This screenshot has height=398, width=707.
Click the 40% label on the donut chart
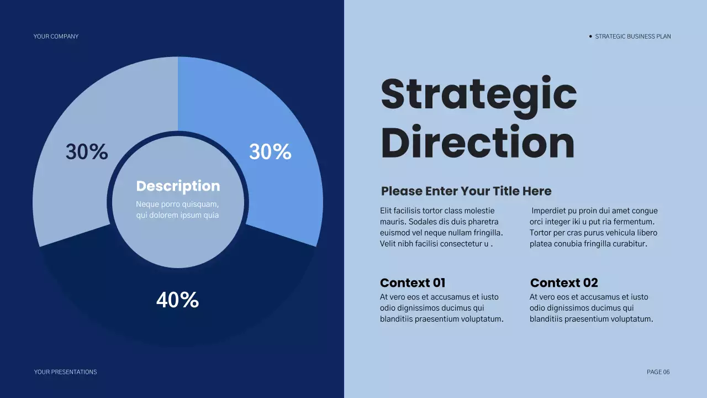[x=177, y=300]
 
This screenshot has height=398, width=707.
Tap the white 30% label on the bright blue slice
[x=270, y=152]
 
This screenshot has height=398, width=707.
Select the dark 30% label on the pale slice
[x=87, y=152]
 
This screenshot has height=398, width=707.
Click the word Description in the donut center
[x=178, y=186]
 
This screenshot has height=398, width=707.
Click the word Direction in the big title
[x=477, y=143]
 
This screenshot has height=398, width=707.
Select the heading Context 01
[x=412, y=283]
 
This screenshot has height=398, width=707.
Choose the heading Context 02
[x=563, y=283]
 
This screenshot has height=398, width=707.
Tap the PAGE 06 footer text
[x=658, y=372]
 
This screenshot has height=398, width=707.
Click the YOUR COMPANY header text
[x=56, y=36]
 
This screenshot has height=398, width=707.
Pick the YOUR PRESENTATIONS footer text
[x=65, y=372]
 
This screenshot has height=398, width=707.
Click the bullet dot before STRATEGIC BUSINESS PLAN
[x=590, y=36]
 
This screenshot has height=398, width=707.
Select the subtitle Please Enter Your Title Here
[x=466, y=191]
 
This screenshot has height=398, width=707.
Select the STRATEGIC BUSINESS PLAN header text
[x=633, y=36]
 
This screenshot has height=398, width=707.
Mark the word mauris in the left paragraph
[x=391, y=222]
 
